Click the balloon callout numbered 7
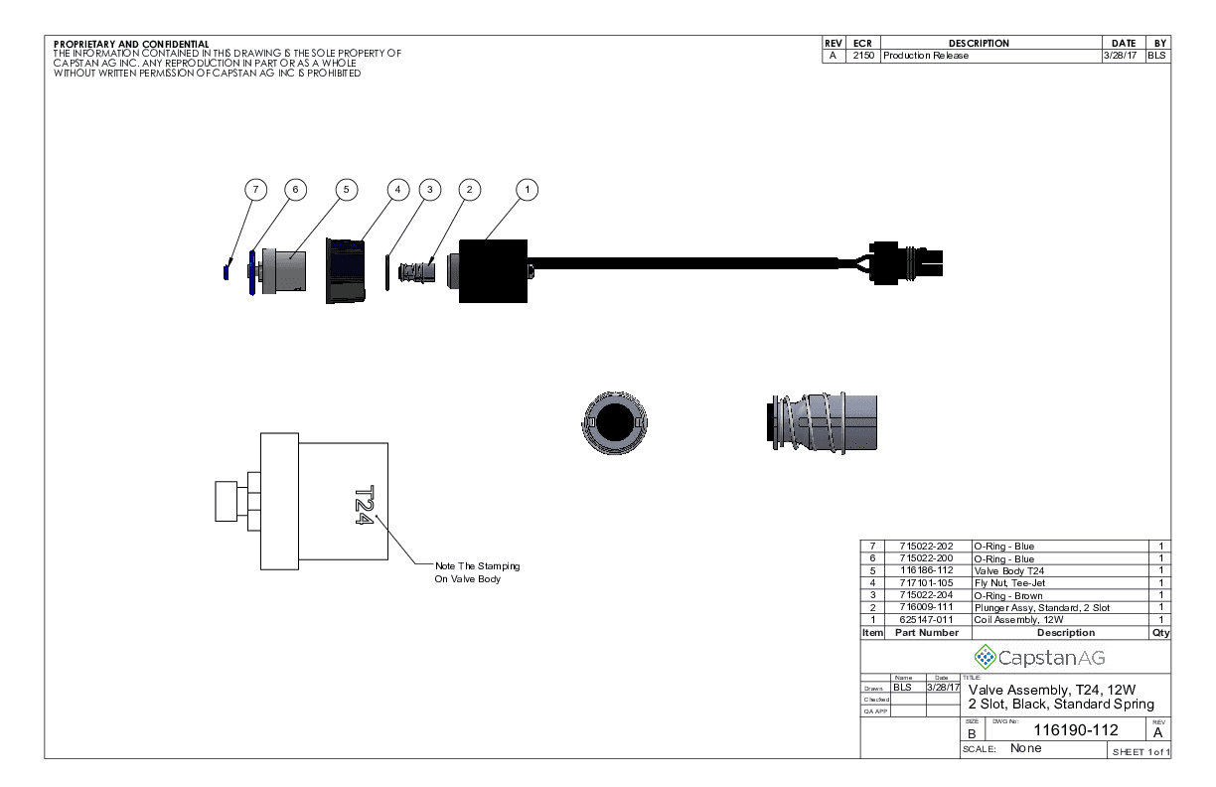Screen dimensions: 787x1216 point(256,189)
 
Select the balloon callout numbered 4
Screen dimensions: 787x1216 point(398,189)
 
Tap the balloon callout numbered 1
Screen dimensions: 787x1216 point(528,189)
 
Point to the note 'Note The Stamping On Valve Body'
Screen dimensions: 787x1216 point(477,572)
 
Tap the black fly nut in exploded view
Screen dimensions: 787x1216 point(344,270)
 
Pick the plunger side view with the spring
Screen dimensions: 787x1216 point(822,423)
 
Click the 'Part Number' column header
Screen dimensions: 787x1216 point(926,632)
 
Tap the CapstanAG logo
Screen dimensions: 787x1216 point(1039,657)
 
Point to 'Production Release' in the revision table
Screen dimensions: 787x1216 point(926,56)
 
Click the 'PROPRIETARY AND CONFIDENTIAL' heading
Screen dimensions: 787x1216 point(131,44)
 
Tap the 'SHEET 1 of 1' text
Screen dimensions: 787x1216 point(1140,751)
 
